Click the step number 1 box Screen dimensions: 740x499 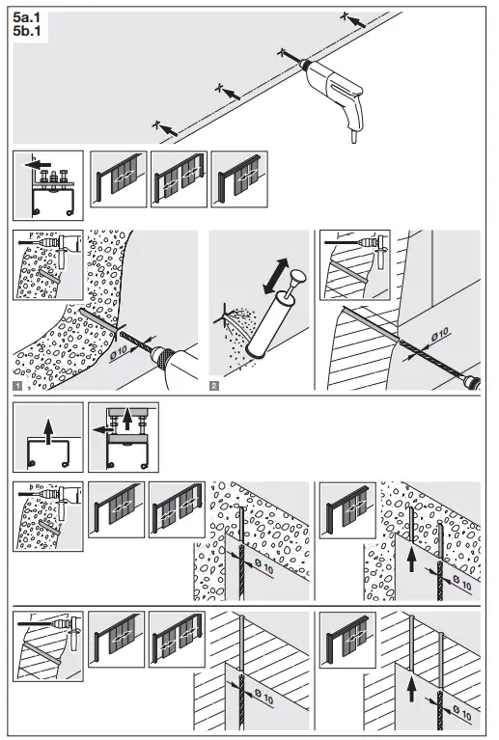click(18, 386)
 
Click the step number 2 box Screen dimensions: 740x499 click(215, 386)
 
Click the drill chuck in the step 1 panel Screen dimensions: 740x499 click(164, 359)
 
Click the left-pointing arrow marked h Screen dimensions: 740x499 click(37, 165)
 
